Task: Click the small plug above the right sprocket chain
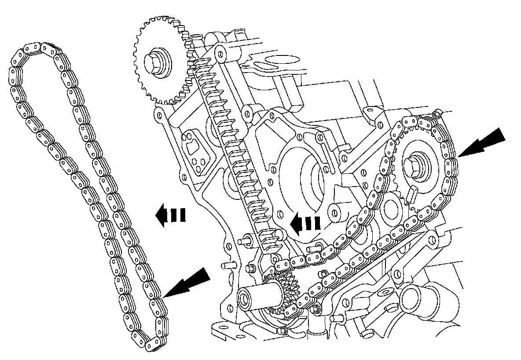(x=436, y=115)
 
